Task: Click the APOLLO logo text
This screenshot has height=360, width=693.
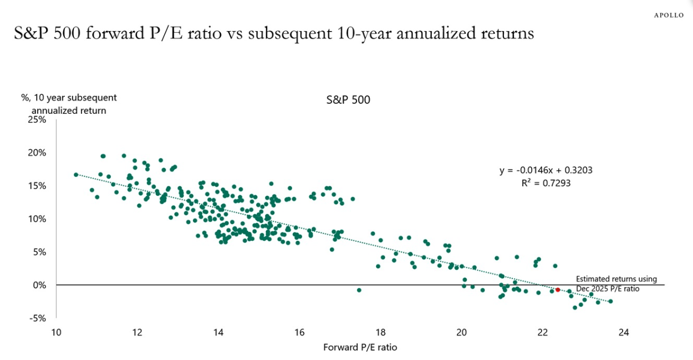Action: point(667,15)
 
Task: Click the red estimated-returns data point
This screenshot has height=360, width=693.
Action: point(558,290)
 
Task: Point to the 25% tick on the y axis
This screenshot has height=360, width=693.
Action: point(37,119)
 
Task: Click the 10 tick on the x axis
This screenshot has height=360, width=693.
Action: point(56,333)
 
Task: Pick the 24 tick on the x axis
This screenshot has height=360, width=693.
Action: point(623,333)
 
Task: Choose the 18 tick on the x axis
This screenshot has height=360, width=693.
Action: point(380,333)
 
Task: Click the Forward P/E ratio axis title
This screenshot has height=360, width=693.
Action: point(360,348)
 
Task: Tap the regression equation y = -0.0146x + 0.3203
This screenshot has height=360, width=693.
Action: point(546,170)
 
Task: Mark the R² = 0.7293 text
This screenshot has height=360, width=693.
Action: point(546,182)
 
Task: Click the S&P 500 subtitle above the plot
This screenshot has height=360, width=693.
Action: point(348,100)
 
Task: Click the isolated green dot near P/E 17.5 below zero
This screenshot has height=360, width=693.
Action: point(359,290)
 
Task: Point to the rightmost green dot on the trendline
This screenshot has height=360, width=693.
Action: point(610,301)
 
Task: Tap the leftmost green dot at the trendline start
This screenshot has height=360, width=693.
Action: point(76,175)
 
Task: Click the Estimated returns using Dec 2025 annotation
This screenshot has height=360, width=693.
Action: point(616,284)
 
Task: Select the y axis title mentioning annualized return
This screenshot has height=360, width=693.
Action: point(69,104)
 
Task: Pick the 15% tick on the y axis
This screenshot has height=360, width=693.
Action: point(37,186)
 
